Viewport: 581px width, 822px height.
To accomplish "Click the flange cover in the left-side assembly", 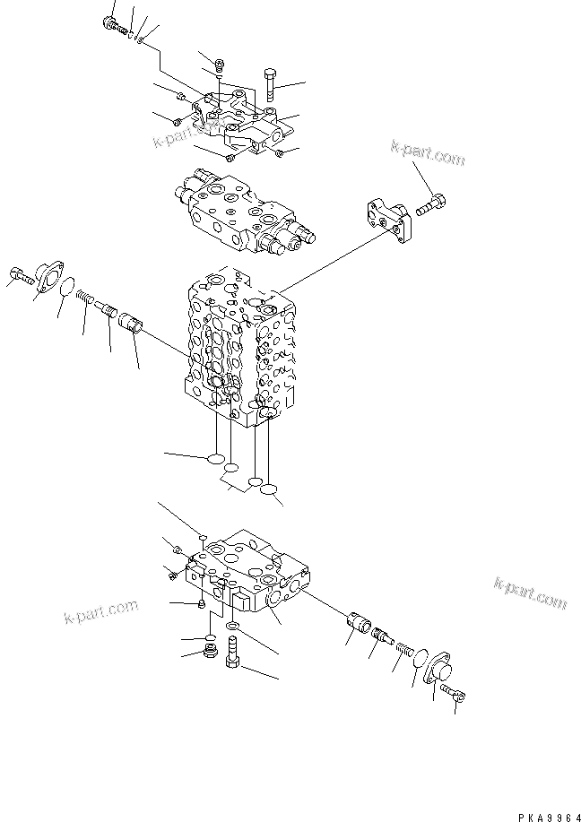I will click(x=44, y=274).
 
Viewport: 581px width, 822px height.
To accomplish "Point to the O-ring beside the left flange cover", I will click(x=66, y=288).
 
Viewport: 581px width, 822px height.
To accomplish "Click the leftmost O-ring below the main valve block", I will click(x=216, y=460).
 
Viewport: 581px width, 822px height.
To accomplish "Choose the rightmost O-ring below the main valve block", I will click(x=272, y=490).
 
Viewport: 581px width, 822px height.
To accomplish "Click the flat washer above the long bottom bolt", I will click(x=233, y=625).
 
